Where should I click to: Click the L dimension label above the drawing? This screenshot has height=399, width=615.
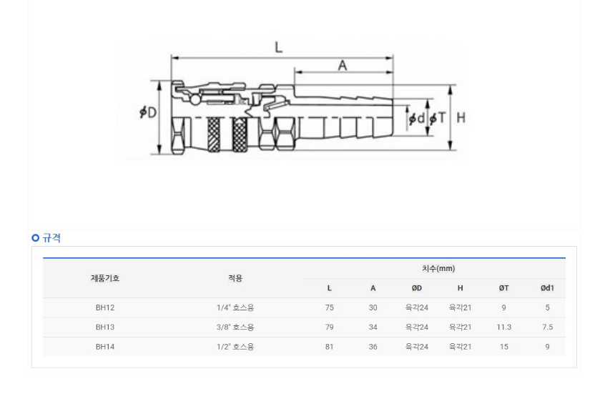(x=278, y=47)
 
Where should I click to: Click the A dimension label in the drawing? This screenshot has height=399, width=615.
(x=343, y=65)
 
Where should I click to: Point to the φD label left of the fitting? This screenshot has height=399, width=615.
(x=148, y=112)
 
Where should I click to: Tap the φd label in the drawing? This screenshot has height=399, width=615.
(x=416, y=118)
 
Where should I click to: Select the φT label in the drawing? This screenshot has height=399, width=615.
(x=438, y=118)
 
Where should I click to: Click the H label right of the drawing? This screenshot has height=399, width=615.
(x=461, y=117)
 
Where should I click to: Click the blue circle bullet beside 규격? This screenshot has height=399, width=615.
(x=36, y=237)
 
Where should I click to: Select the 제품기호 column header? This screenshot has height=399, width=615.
(x=105, y=278)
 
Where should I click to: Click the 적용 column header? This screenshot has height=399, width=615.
(x=235, y=278)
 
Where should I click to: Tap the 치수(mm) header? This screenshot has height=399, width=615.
(x=438, y=268)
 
